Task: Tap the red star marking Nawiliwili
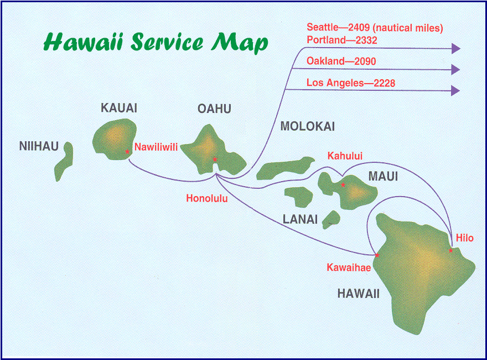[128, 151]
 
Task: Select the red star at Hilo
[450, 250]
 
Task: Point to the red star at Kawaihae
[377, 255]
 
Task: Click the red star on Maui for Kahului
[343, 185]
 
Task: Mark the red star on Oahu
[215, 159]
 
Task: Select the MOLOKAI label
[308, 126]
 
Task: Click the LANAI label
[300, 219]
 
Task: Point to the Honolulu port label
[206, 198]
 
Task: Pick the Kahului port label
[345, 156]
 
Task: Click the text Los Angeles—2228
[351, 83]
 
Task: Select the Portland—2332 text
[342, 40]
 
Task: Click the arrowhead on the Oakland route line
[455, 69]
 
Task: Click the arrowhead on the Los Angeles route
[455, 90]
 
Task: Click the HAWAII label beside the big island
[358, 294]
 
